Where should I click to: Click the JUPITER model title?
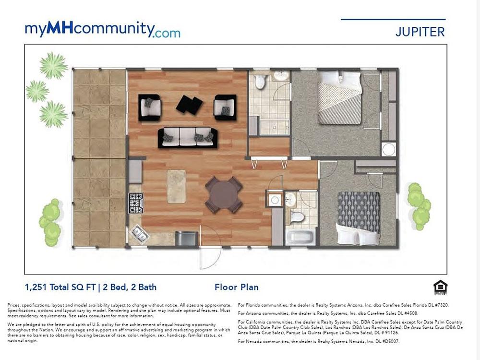(x=420, y=32)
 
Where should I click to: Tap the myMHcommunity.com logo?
(x=103, y=30)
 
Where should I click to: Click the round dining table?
(x=224, y=195)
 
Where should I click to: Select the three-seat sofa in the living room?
(x=188, y=137)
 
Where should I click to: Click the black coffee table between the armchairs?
(x=189, y=104)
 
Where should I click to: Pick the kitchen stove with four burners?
(x=136, y=203)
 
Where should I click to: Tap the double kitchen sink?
(x=140, y=234)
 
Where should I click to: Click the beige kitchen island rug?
(x=176, y=186)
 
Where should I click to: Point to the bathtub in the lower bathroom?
(x=300, y=237)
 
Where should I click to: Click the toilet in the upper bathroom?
(x=260, y=81)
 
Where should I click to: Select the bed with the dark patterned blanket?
(x=359, y=217)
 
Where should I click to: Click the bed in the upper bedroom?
(x=340, y=97)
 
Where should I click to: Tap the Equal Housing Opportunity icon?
(x=440, y=288)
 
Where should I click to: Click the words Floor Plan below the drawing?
(x=237, y=287)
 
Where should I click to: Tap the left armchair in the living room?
(x=150, y=107)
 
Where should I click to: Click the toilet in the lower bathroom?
(x=297, y=217)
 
